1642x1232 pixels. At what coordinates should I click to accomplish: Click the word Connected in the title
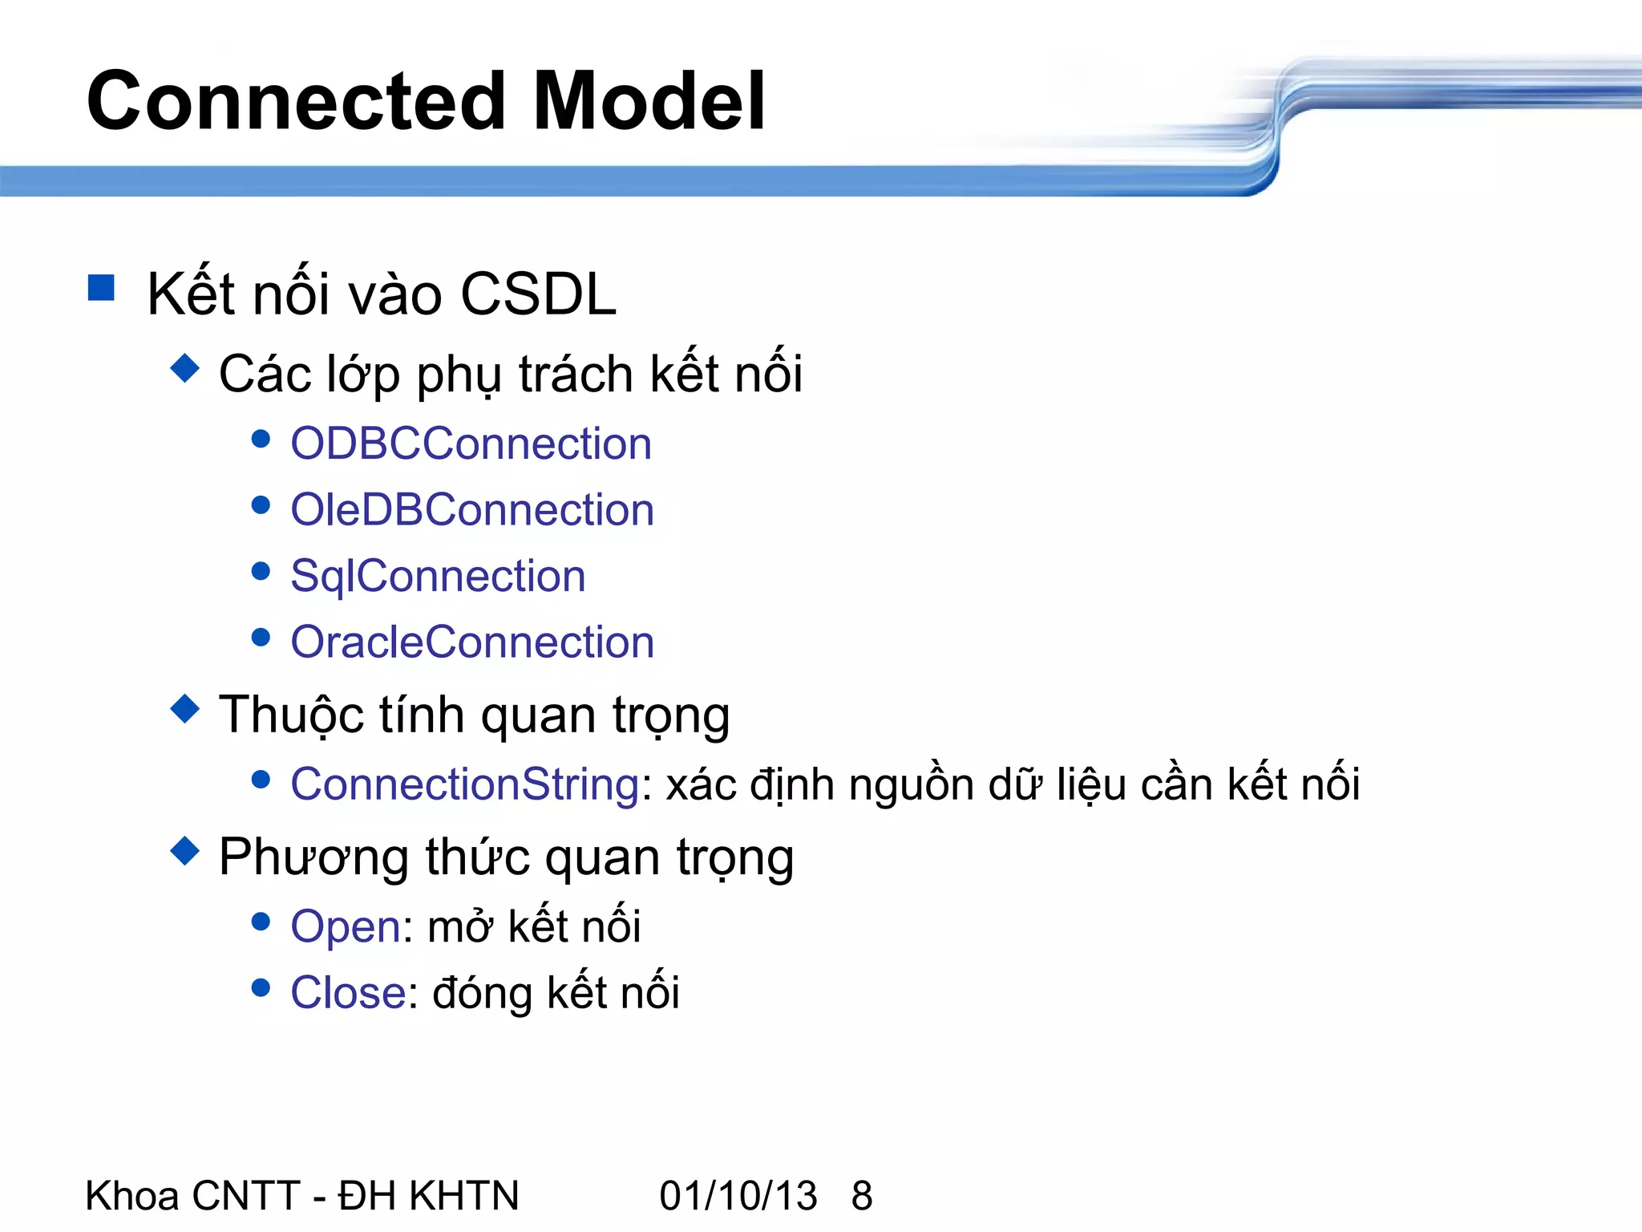[x=296, y=102]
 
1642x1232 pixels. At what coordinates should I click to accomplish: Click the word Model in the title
[x=649, y=102]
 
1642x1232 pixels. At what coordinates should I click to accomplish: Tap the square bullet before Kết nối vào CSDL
[x=101, y=287]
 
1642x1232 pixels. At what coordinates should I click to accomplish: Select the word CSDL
[x=538, y=294]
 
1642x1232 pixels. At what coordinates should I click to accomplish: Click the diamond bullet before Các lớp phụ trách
[x=185, y=368]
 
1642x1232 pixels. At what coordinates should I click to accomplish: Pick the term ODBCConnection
[x=471, y=444]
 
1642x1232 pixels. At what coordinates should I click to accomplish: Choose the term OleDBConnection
[x=472, y=510]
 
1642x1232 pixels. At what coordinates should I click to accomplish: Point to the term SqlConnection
[x=438, y=577]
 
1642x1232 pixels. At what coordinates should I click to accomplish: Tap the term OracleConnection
[x=472, y=642]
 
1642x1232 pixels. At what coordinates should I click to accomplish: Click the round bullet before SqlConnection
[x=261, y=571]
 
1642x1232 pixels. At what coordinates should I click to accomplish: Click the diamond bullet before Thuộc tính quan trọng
[x=185, y=708]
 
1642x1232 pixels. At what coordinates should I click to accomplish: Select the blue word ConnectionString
[x=465, y=784]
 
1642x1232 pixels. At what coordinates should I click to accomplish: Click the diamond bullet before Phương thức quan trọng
[x=185, y=851]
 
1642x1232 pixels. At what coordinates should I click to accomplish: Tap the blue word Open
[x=346, y=927]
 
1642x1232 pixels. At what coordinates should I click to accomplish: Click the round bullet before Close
[x=261, y=987]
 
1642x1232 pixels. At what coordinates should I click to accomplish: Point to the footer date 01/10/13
[x=738, y=1196]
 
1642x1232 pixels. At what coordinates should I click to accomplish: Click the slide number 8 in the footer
[x=862, y=1196]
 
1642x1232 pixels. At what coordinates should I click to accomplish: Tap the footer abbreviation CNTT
[x=246, y=1196]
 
